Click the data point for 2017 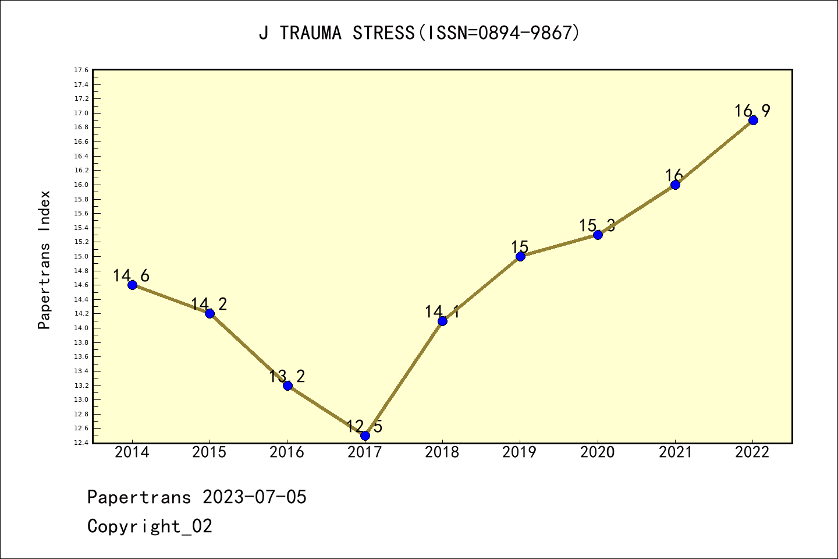(365, 436)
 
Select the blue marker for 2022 (753, 120)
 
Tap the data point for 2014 (132, 285)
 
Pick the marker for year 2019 (520, 256)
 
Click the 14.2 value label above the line (209, 304)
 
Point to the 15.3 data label (597, 226)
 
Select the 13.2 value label (287, 376)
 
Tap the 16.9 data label (752, 111)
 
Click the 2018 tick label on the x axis (442, 452)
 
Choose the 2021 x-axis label (675, 452)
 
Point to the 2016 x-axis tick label (287, 452)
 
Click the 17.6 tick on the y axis (81, 70)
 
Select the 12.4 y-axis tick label (81, 443)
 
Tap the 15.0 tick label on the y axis (81, 256)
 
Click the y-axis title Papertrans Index (44, 260)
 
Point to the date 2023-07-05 (254, 497)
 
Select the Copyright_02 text (150, 526)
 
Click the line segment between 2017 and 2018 (404, 378)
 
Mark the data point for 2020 (598, 235)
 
